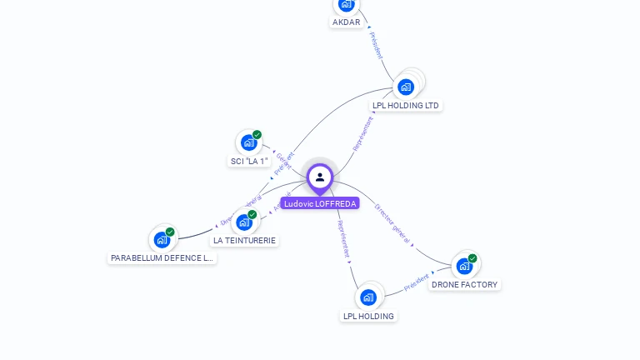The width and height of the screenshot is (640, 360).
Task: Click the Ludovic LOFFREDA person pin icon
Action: (320, 177)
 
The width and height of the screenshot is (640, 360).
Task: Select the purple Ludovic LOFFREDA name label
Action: (320, 203)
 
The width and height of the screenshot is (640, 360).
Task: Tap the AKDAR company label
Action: (346, 22)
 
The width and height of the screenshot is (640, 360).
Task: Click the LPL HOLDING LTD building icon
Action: (406, 87)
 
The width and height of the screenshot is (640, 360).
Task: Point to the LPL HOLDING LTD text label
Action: (406, 106)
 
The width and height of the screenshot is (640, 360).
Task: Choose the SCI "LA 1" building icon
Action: (248, 142)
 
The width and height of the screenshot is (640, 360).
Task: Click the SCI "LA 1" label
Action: (248, 161)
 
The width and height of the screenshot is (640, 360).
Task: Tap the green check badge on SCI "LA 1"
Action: (257, 135)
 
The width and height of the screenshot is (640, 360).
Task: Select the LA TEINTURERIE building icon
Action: (243, 222)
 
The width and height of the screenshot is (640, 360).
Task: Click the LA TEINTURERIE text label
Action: (244, 240)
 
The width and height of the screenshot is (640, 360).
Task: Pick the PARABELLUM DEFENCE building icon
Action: (162, 240)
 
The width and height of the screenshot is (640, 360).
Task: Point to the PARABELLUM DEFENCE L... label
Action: (162, 258)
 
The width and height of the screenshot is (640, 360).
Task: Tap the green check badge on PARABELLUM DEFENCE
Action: (170, 232)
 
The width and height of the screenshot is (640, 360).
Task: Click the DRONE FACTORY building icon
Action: (464, 267)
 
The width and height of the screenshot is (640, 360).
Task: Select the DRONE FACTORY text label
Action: (464, 285)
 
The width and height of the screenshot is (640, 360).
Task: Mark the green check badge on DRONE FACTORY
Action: (472, 258)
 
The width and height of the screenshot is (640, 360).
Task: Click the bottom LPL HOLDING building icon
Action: (368, 297)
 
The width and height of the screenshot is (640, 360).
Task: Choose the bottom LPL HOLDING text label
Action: (368, 316)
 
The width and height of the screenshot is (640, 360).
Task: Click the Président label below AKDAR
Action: (375, 46)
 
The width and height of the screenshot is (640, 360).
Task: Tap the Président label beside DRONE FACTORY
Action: (417, 282)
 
